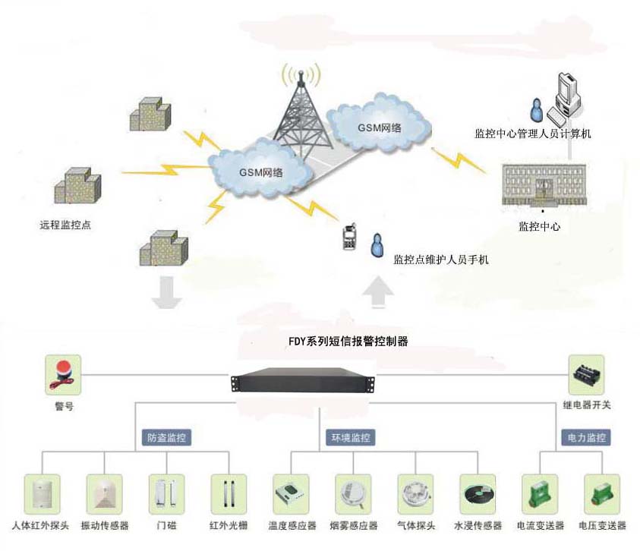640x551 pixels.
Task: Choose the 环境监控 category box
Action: [352, 438]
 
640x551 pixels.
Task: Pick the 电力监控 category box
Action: [586, 438]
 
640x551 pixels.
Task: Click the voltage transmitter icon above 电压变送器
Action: [601, 494]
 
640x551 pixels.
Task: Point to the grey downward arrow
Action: [166, 294]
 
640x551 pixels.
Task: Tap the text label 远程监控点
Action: [65, 225]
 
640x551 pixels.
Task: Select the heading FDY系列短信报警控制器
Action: [358, 342]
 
